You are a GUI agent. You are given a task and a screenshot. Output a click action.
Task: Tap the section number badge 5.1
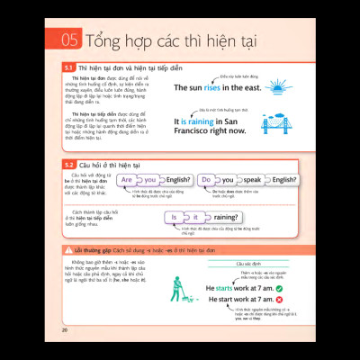coord(68,67)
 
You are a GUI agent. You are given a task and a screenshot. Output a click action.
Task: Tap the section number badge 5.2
coord(68,165)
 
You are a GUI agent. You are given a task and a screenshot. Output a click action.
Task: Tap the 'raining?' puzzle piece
coord(225,217)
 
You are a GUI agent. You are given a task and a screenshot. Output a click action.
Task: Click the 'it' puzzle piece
coord(195,217)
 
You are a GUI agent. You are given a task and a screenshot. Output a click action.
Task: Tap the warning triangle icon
coord(68,249)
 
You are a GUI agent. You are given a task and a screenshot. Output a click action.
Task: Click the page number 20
coord(65,328)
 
